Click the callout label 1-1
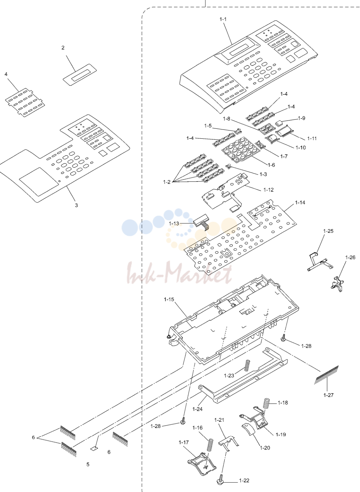point(223,19)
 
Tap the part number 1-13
point(174,223)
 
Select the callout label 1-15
point(169,300)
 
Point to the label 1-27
point(328,395)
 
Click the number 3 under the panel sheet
point(76,205)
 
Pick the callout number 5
point(88,464)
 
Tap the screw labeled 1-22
point(220,481)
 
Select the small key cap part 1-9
point(279,123)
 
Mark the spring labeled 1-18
point(266,404)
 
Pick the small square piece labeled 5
point(94,448)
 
